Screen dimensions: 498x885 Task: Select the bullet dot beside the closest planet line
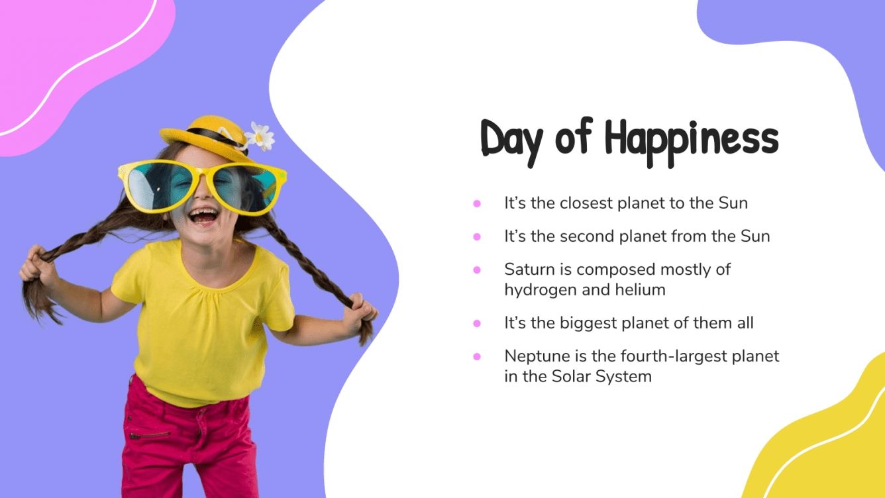(x=476, y=203)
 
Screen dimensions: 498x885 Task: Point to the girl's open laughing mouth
(x=203, y=217)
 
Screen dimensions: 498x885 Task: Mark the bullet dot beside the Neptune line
(x=476, y=357)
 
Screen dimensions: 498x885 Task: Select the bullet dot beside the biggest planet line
(x=476, y=324)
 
